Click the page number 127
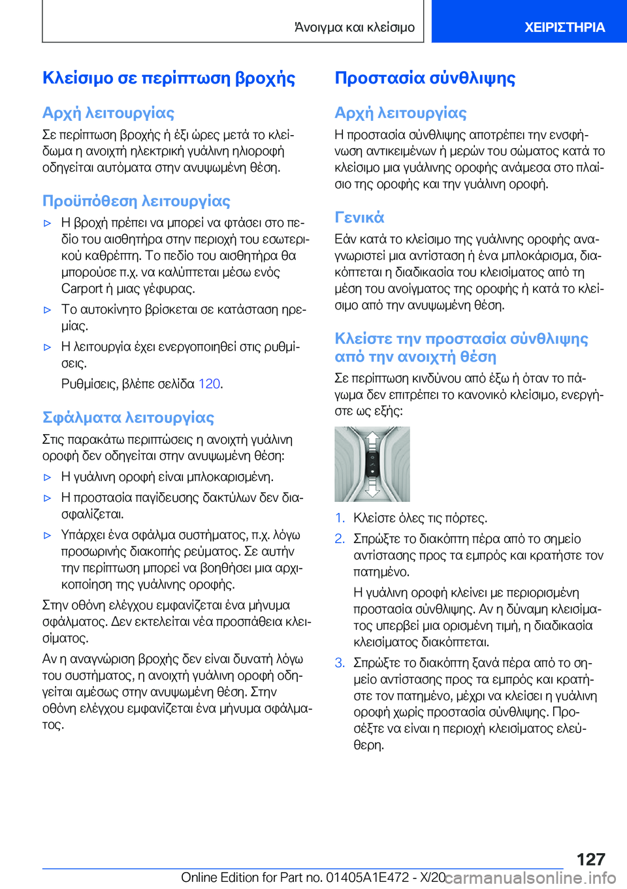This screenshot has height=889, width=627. [590, 859]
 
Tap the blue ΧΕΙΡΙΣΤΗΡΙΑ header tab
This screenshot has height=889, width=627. [564, 27]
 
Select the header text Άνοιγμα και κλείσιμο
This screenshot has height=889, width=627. [355, 27]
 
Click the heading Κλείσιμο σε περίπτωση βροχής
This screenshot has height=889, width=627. [169, 78]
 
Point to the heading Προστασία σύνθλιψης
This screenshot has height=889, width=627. [425, 78]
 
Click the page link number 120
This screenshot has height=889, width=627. [209, 384]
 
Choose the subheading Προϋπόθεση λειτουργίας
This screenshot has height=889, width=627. [136, 200]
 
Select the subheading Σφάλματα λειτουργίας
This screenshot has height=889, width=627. [128, 417]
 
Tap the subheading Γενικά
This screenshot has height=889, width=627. [359, 217]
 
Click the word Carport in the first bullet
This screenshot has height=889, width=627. [82, 289]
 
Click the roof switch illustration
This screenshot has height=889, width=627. [372, 464]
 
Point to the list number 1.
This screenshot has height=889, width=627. [340, 518]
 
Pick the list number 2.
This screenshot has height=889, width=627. [340, 539]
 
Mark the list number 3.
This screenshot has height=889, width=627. [340, 663]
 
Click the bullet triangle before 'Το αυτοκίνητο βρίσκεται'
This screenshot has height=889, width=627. [47, 310]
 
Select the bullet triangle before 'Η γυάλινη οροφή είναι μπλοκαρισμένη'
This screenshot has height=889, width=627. [47, 477]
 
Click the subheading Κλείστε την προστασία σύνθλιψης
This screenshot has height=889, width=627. [461, 347]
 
